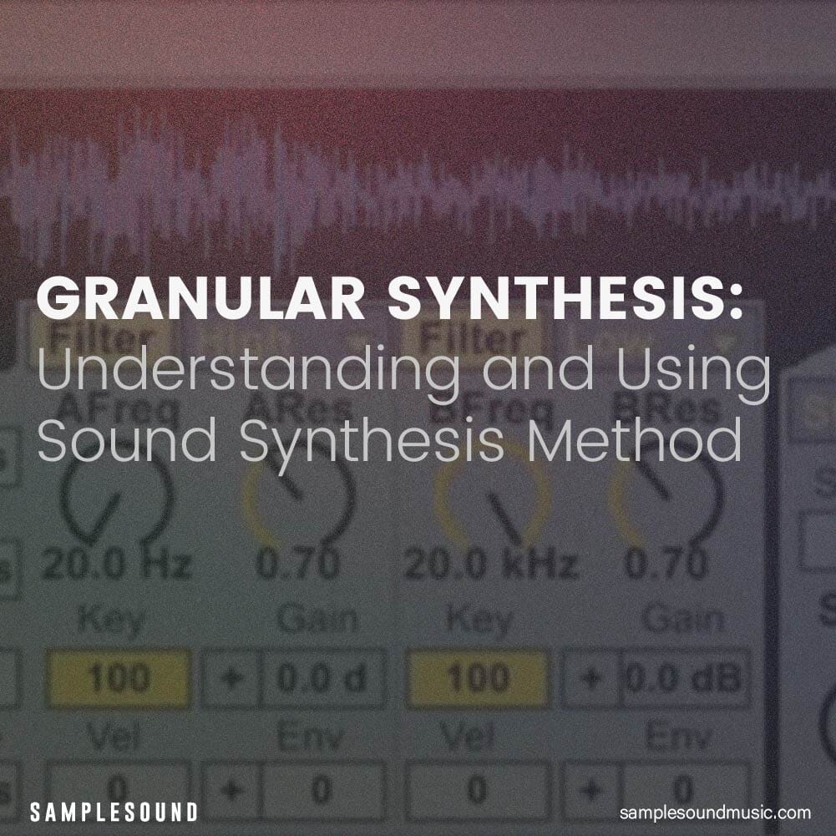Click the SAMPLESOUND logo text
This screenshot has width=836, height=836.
(114, 811)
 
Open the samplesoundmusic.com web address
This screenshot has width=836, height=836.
(716, 812)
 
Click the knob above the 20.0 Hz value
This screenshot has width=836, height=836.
(117, 498)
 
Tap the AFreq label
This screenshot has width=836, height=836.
(118, 409)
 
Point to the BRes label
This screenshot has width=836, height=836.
(666, 409)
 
